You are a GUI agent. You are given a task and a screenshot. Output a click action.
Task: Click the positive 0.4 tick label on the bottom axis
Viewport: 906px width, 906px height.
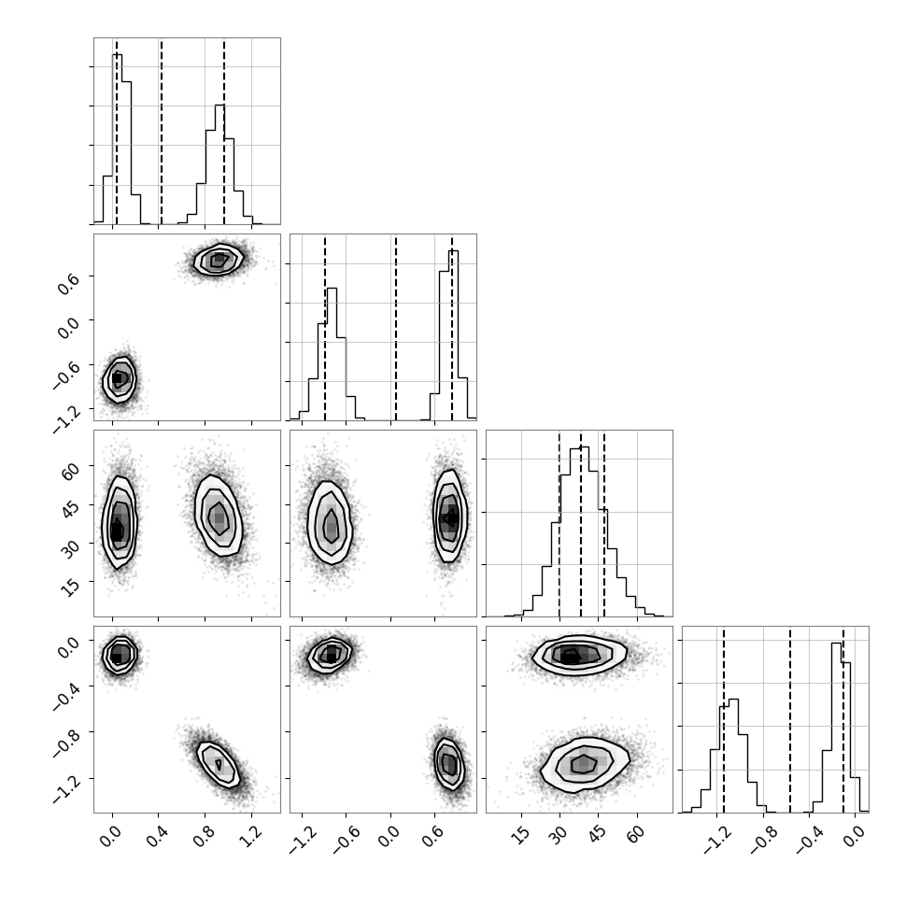157,836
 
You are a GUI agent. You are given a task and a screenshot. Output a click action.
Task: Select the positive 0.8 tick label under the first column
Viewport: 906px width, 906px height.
204,836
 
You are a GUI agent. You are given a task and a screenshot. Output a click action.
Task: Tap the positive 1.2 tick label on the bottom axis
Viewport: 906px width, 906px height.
250,836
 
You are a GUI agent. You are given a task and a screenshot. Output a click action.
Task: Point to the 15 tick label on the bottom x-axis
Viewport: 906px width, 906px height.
522,834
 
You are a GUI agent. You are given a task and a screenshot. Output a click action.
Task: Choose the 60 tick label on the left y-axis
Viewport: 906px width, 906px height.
70,472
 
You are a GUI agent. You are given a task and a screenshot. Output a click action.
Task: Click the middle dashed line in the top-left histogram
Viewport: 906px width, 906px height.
162,131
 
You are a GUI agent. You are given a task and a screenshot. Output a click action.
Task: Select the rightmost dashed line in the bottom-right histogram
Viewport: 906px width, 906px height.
843,719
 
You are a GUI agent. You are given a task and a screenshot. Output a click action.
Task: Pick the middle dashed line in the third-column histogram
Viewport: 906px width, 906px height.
581,523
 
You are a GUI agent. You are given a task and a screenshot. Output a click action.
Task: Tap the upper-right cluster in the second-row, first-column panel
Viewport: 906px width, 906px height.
219,260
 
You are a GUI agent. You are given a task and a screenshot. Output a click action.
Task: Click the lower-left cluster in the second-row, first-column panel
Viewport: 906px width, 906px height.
119,379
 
